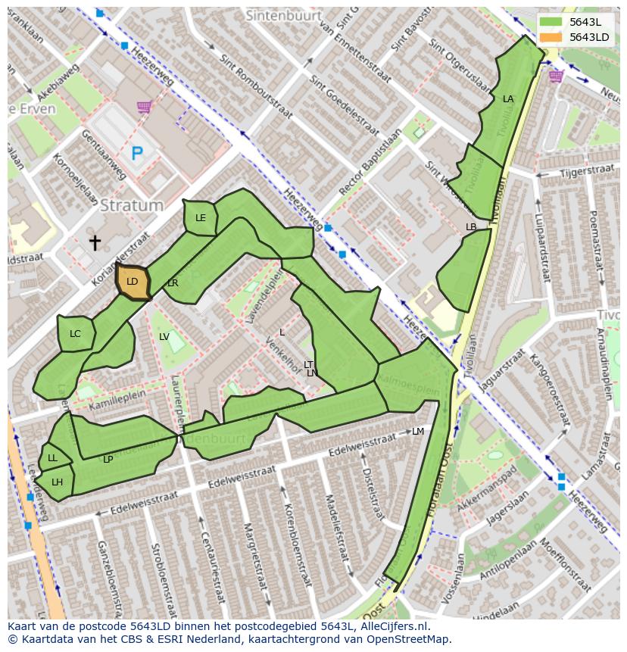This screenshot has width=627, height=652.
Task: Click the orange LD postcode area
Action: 133,282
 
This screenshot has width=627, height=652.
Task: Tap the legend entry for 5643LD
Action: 588,36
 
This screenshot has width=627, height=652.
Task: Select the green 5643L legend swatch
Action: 551,22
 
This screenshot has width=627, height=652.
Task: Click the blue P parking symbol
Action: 137,154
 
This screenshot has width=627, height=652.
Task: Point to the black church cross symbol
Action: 95,242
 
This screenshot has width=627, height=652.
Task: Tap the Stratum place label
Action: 132,205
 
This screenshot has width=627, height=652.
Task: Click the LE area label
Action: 201,218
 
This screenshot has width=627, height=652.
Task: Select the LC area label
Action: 75,334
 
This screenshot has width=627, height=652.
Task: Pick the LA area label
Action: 508,99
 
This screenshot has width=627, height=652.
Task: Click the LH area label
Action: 57,482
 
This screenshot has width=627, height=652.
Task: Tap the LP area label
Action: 108,460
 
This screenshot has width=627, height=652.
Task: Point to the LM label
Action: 418,432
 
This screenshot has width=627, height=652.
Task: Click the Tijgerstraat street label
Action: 585,172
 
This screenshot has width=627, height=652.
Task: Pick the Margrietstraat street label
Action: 252,556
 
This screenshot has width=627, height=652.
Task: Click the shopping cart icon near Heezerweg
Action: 143,107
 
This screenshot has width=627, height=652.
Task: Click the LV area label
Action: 164,337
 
